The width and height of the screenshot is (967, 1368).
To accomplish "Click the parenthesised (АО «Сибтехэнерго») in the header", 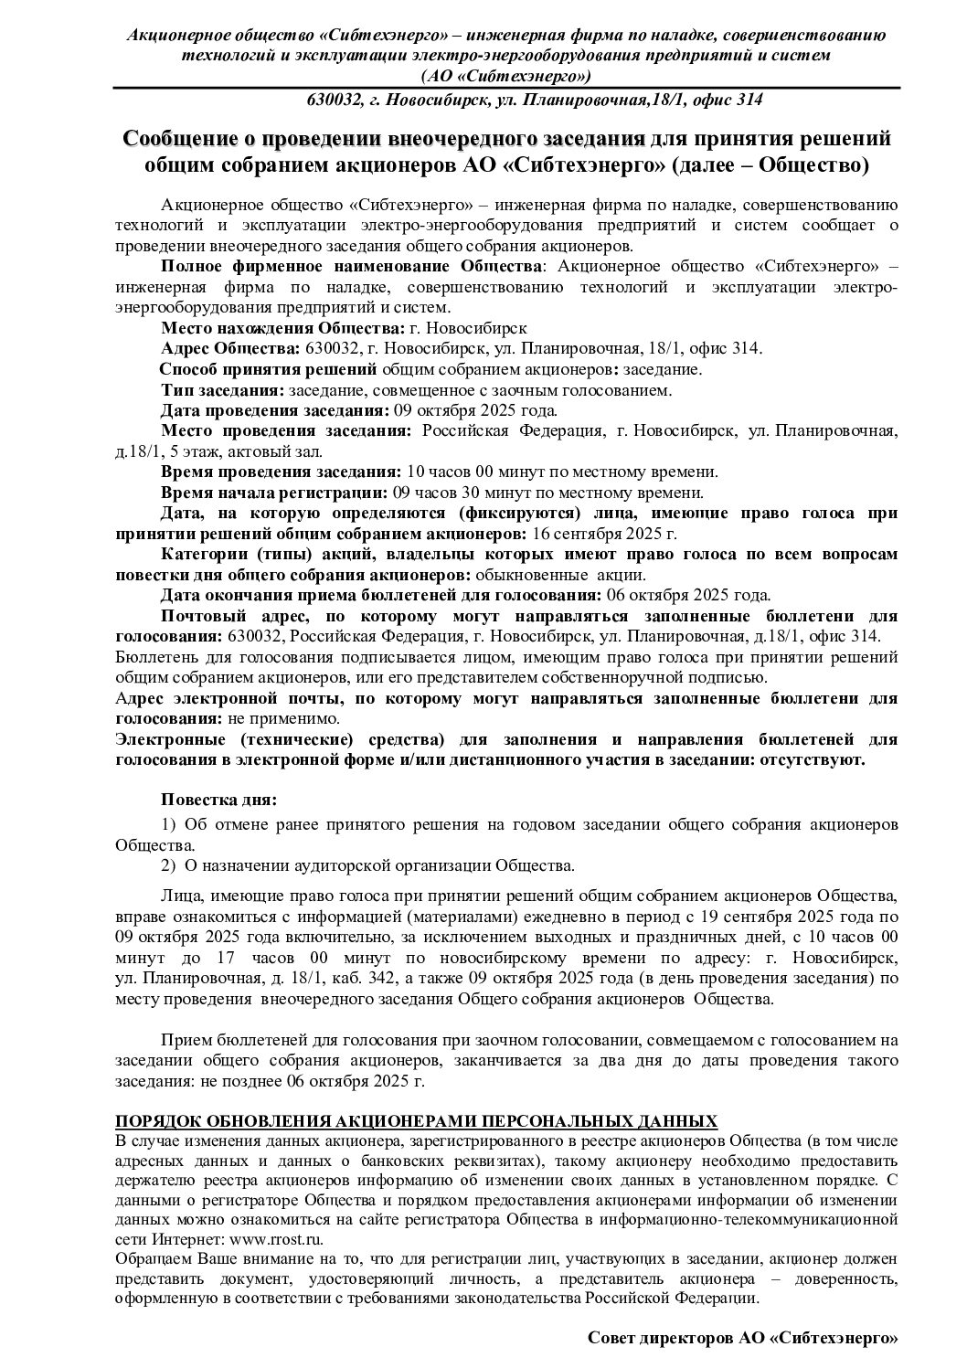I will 505,76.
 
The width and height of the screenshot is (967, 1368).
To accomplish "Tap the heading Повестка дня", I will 218,801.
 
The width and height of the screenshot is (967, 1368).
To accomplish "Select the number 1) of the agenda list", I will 168,824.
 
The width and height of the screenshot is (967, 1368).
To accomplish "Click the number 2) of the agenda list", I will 168,864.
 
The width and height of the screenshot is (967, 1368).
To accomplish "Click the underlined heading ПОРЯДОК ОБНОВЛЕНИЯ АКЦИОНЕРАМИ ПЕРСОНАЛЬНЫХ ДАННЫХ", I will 417,1121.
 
